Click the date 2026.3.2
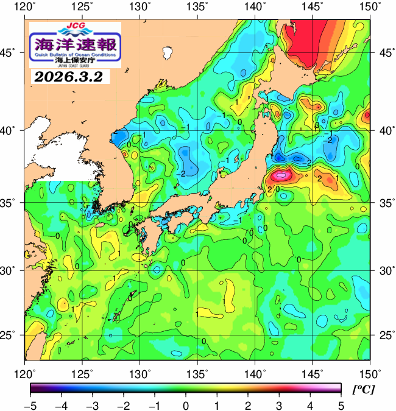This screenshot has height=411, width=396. pyautogui.click(x=68, y=77)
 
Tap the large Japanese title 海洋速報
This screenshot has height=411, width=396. pyautogui.click(x=75, y=44)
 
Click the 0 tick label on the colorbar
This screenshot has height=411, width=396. pyautogui.click(x=185, y=404)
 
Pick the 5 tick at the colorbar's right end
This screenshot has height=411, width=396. pyautogui.click(x=340, y=404)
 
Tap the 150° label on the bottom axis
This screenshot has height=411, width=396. pyautogui.click(x=370, y=373)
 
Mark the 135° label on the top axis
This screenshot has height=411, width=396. pyautogui.click(x=198, y=7)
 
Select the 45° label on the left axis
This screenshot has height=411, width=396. pyautogui.click(x=11, y=52)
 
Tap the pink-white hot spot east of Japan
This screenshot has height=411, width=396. pyautogui.click(x=281, y=175)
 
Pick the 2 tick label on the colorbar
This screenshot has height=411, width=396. pyautogui.click(x=247, y=404)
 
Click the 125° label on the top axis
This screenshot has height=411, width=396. pyautogui.click(x=83, y=7)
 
